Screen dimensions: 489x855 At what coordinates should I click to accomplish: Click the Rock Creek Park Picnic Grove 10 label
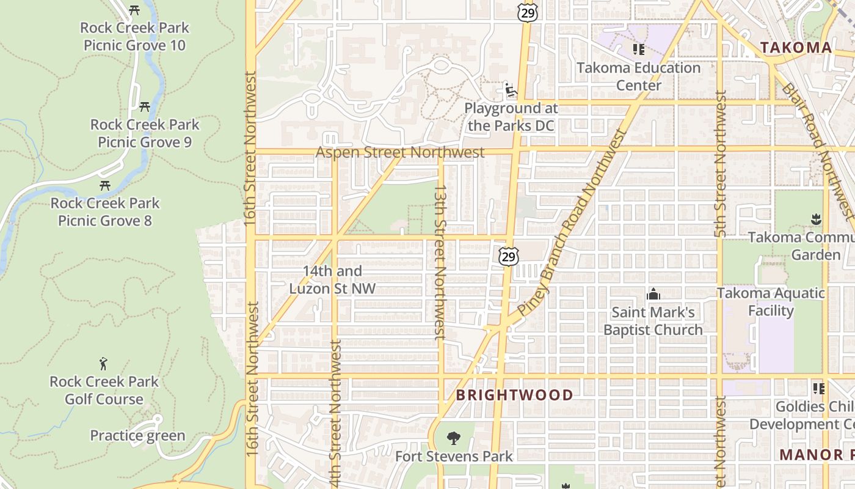[134, 36]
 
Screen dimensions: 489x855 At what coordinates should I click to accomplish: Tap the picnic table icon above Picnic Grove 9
[145, 106]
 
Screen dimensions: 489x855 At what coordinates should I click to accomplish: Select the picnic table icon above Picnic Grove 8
[105, 185]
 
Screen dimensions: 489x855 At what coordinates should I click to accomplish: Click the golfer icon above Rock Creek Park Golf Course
[104, 364]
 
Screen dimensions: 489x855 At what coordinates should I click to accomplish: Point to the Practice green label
[137, 435]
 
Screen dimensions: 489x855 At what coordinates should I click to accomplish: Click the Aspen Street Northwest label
[400, 152]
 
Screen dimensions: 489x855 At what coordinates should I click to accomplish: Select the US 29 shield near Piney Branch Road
[508, 256]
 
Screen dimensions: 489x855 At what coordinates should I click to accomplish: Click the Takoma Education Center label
[638, 76]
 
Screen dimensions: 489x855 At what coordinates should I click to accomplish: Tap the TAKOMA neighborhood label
[795, 48]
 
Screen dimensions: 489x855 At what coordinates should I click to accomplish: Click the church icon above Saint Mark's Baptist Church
[653, 295]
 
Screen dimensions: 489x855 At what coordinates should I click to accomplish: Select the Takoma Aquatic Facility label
[771, 301]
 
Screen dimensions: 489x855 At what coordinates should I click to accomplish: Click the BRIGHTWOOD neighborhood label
[514, 395]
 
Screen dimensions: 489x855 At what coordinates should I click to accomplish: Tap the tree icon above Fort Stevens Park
[453, 438]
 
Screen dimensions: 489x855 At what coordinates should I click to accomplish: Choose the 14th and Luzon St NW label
[333, 279]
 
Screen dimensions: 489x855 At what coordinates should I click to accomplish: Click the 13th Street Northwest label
[440, 263]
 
